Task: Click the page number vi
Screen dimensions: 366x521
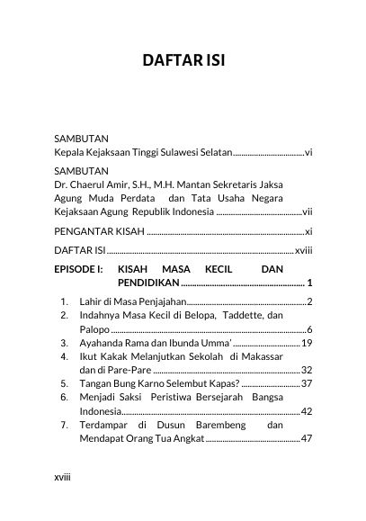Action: point(308,153)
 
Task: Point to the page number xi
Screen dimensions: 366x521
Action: point(308,231)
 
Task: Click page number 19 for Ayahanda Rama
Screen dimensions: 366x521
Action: point(306,343)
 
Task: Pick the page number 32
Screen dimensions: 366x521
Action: point(306,370)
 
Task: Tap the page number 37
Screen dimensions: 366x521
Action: point(306,383)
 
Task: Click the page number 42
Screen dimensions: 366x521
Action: point(306,410)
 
